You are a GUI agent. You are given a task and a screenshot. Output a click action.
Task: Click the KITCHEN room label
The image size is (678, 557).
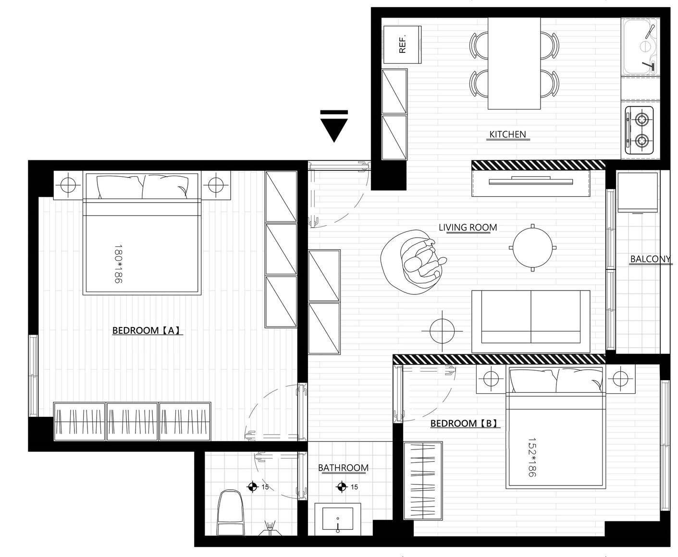click(x=507, y=134)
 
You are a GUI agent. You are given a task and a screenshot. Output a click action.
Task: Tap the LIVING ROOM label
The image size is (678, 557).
click(x=468, y=228)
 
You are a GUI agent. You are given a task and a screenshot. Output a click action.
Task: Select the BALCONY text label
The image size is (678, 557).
click(x=650, y=259)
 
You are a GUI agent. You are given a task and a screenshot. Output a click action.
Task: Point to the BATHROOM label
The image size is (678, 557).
click(x=344, y=468)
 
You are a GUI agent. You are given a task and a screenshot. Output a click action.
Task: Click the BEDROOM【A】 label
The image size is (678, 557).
click(x=146, y=330)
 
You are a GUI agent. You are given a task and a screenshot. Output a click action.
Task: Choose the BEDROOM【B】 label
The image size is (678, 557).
click(x=464, y=424)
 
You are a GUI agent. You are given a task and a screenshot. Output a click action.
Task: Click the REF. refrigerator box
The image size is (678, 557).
click(x=402, y=45)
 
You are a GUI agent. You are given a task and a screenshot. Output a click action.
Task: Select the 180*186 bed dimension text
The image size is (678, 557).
click(x=119, y=264)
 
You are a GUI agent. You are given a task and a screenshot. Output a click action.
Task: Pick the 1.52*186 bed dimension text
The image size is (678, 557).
click(x=531, y=458)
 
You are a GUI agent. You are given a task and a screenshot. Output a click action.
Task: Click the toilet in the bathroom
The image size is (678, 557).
click(x=230, y=512)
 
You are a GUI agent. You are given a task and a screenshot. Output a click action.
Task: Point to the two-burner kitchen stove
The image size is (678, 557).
click(x=640, y=130)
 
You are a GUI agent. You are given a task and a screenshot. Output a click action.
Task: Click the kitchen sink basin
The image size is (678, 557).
click(x=640, y=47)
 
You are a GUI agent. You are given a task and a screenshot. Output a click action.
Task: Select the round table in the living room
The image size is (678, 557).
click(x=533, y=247)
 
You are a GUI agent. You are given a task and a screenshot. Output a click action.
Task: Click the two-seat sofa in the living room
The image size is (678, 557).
click(x=530, y=322)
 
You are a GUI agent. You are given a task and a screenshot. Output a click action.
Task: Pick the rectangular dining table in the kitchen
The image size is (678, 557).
click(x=514, y=63)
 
